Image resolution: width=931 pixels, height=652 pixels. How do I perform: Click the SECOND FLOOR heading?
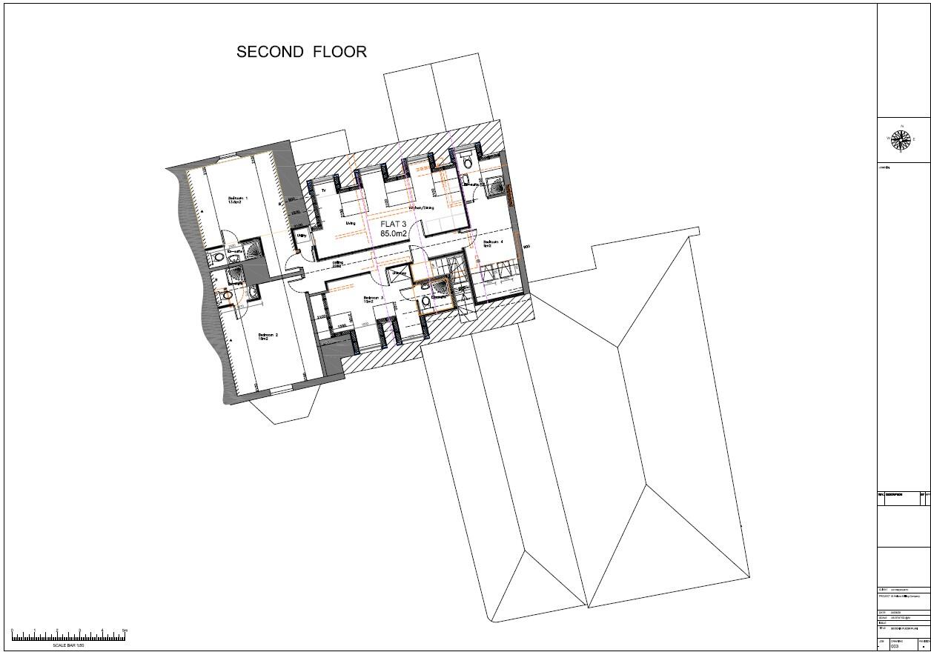pos(301,52)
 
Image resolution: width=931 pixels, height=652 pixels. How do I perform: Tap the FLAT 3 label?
pos(394,224)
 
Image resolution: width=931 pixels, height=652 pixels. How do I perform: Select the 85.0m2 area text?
pos(394,234)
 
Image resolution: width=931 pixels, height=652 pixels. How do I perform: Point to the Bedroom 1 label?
pos(238,199)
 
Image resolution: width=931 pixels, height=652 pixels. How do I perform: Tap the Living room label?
pos(350,222)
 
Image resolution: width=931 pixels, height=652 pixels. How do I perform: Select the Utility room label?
pos(302,236)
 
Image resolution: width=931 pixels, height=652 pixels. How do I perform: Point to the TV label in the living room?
pos(323,191)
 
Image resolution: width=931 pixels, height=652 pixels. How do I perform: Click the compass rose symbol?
pos(901,139)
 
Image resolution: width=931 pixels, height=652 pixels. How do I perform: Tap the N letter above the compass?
pos(901,126)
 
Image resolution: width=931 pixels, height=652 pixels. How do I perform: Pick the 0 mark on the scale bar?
pos(13,631)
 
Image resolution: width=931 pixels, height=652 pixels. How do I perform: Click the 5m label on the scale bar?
pos(125,631)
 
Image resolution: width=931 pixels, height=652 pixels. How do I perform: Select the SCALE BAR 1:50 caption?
pos(68,645)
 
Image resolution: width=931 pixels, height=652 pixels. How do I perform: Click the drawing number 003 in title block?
pos(895,645)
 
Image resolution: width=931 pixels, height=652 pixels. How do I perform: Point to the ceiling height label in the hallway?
pos(337,264)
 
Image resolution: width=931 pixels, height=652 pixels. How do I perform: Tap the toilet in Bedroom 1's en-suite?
pos(218,257)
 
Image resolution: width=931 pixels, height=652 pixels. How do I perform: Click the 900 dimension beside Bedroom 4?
pos(526,247)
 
